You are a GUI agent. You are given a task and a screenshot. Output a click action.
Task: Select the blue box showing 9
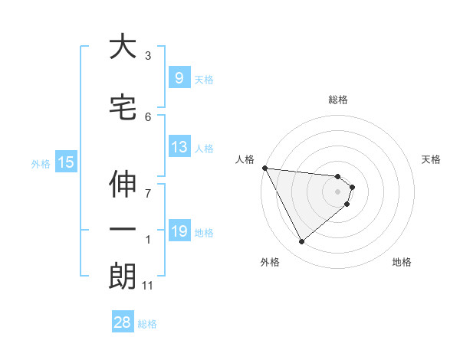(179, 77)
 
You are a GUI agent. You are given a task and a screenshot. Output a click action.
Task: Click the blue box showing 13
(179, 147)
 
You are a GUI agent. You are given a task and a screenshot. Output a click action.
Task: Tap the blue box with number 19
(179, 231)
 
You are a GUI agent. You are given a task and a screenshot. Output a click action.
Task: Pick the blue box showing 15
(65, 162)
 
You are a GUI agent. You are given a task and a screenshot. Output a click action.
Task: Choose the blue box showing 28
(122, 322)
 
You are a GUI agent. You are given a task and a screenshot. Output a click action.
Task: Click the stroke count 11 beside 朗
(148, 286)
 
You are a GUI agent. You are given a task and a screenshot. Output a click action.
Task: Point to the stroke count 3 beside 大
(148, 56)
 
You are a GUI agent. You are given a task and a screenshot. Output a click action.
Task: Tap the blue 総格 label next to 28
(147, 324)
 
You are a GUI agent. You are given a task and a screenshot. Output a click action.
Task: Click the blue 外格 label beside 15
(41, 163)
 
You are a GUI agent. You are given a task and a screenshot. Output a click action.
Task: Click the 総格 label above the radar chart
(338, 100)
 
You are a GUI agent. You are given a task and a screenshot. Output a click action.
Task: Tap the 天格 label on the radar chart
(432, 159)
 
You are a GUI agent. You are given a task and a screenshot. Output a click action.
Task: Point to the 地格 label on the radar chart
(402, 262)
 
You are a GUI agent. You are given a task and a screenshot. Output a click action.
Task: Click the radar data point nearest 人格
(264, 168)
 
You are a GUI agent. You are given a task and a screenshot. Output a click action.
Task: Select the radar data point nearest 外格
(301, 241)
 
